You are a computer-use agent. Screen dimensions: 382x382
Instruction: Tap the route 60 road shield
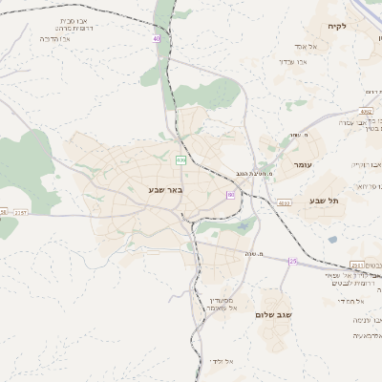click(230, 194)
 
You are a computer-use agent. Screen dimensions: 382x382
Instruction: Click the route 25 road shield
click(293, 261)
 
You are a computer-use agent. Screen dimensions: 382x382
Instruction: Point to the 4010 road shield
click(285, 203)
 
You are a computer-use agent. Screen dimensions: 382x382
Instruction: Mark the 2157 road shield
click(22, 212)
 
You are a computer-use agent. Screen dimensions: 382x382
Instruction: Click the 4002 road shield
click(367, 112)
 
